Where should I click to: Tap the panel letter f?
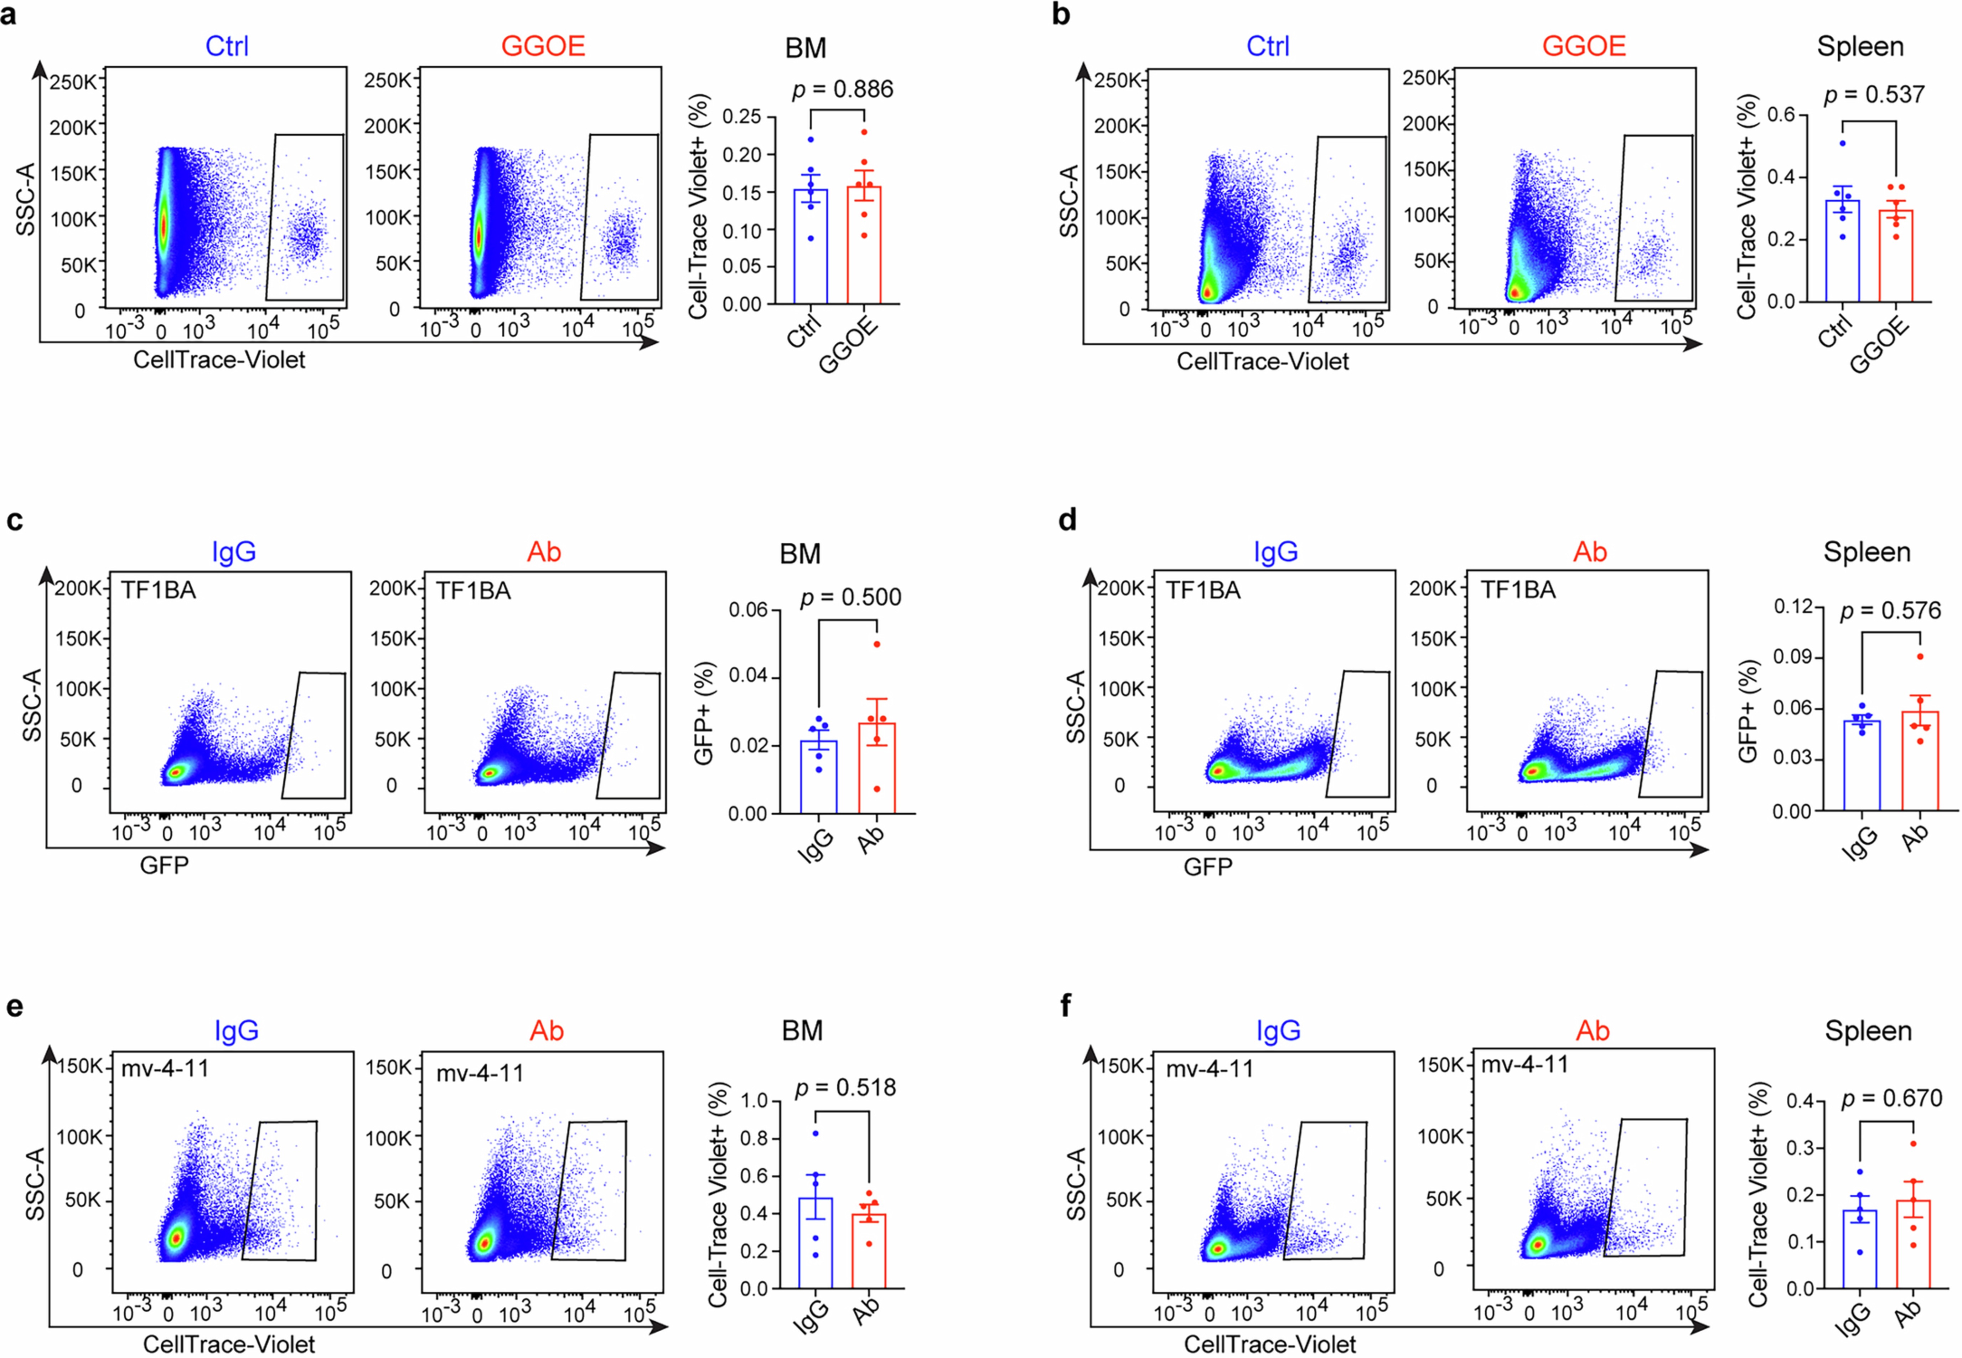1066,1007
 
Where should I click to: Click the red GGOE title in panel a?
543,46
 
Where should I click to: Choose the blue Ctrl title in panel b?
1267,46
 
